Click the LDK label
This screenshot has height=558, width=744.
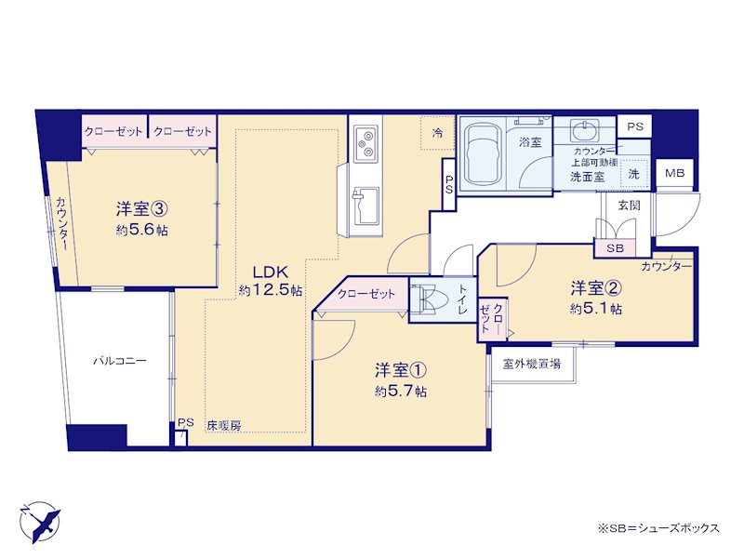click(x=271, y=272)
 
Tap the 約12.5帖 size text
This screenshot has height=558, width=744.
click(x=271, y=290)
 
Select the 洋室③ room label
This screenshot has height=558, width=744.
click(x=142, y=208)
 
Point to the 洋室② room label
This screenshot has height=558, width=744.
click(x=596, y=287)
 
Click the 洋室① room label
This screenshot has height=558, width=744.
click(x=401, y=370)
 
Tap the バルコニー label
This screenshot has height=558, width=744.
click(x=120, y=361)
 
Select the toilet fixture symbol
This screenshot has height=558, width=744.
click(x=429, y=299)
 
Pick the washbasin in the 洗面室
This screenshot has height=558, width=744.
click(x=585, y=130)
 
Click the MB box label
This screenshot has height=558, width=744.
click(x=674, y=174)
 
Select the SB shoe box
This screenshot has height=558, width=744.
click(x=615, y=247)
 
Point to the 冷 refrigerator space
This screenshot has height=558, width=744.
click(x=438, y=133)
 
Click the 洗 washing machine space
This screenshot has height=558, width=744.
click(x=634, y=173)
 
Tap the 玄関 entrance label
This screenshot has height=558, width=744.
click(x=630, y=206)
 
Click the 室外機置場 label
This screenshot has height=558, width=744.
click(x=532, y=364)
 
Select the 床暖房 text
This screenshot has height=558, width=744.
click(x=224, y=426)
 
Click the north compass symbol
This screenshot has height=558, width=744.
click(x=39, y=522)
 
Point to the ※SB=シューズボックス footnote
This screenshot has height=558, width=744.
click(x=658, y=528)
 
